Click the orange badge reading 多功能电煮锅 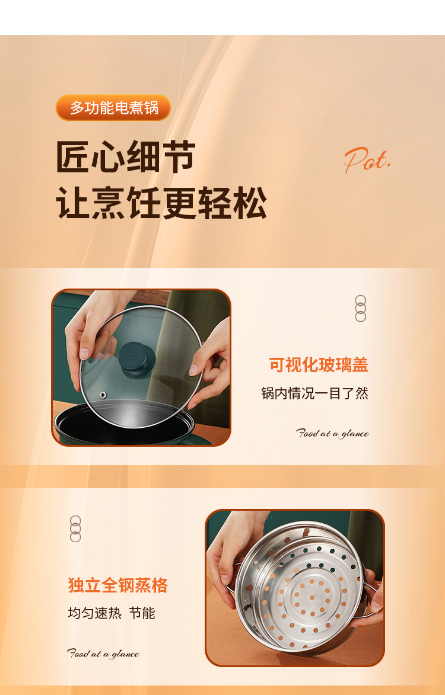click(x=113, y=108)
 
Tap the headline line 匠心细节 click(x=126, y=156)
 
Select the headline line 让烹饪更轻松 click(x=161, y=203)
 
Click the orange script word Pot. click(x=367, y=160)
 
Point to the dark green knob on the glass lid click(x=136, y=358)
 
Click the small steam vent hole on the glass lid click(x=103, y=394)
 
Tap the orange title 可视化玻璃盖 click(x=319, y=365)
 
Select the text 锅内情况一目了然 click(x=314, y=393)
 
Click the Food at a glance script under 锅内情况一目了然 click(x=332, y=434)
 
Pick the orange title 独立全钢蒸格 click(x=117, y=585)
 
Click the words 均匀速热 click(x=94, y=613)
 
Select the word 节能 click(x=142, y=613)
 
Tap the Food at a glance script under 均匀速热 click(x=103, y=654)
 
